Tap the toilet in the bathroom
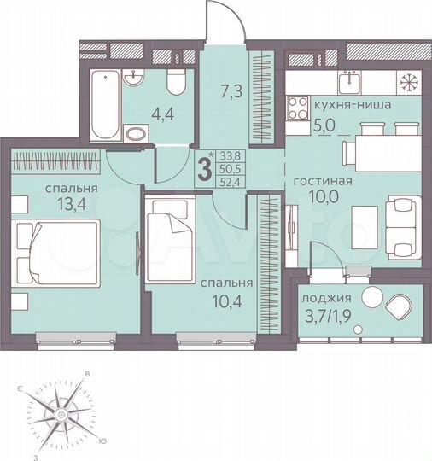click(x=177, y=83)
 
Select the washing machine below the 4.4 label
click(x=137, y=133)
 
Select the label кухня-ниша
click(x=353, y=106)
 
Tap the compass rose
click(x=61, y=413)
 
